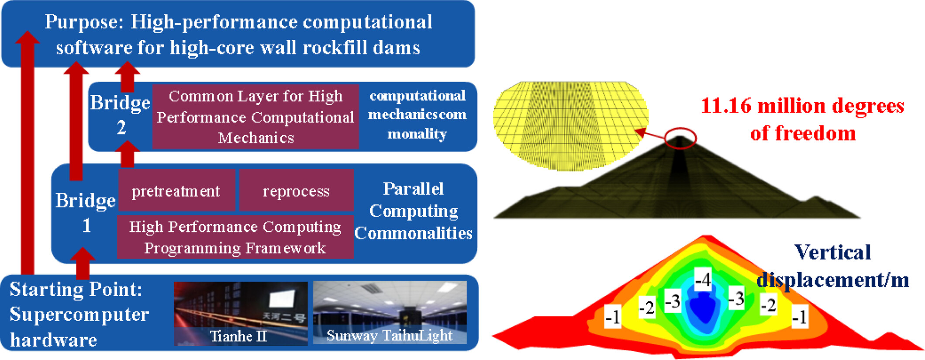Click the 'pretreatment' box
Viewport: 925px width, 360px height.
176,190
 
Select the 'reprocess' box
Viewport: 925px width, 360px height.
297,190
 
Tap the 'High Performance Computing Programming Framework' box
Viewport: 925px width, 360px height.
235,237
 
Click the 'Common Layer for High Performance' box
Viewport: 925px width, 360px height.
255,117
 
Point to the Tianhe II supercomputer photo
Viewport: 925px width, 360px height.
241,313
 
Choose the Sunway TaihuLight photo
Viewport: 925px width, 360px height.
390,312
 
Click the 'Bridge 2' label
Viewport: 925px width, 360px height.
121,115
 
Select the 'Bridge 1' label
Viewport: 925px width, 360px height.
86,213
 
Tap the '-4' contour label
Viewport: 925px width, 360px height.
703,279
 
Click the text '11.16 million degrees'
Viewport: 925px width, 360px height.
802,106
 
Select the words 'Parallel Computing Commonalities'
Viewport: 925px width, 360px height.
413,211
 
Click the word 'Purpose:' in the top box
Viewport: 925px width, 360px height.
84,22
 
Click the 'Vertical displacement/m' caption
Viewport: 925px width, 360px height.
832,266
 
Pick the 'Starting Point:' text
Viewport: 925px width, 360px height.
76,290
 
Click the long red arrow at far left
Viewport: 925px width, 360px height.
28,152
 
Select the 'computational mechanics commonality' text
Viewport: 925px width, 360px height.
417,115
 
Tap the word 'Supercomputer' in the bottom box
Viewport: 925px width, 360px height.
79,315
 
